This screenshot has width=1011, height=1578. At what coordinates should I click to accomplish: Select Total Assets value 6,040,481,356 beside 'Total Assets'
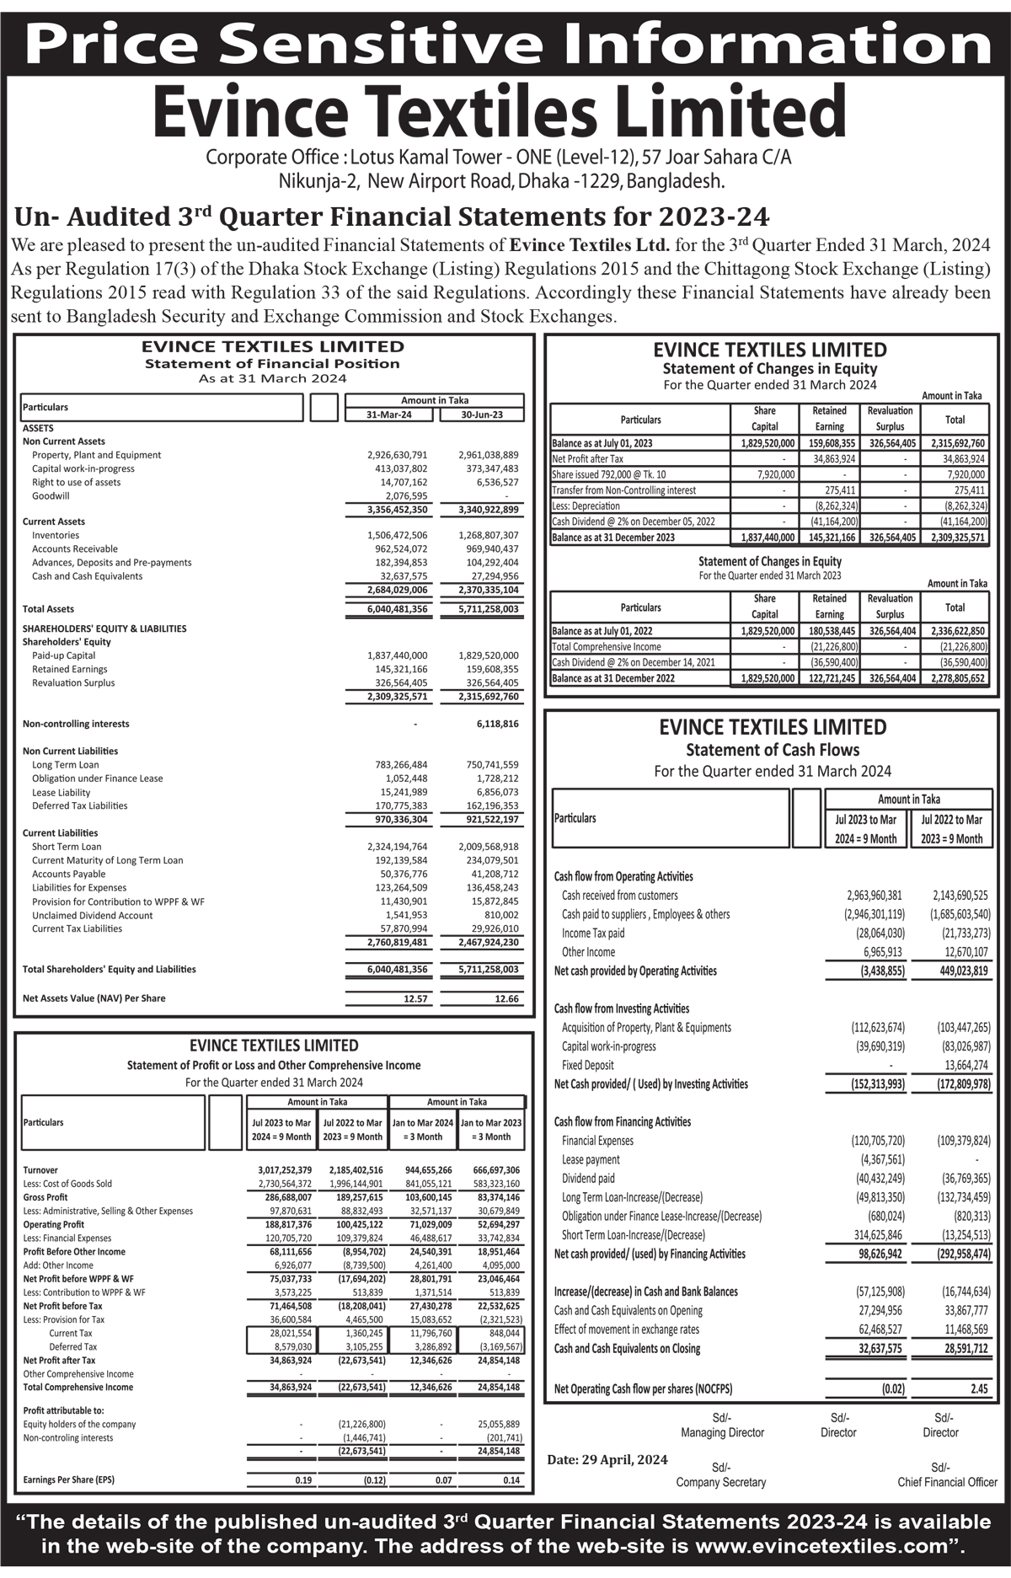pyautogui.click(x=397, y=609)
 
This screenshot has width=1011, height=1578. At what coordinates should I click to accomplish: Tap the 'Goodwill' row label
pyautogui.click(x=51, y=496)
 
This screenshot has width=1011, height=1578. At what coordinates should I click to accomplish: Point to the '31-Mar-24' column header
pyautogui.click(x=388, y=415)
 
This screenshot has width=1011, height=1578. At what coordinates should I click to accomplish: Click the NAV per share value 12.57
pyautogui.click(x=415, y=998)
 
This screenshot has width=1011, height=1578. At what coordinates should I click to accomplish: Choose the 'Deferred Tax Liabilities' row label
pyautogui.click(x=80, y=806)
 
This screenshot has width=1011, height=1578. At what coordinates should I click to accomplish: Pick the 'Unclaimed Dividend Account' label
pyautogui.click(x=93, y=916)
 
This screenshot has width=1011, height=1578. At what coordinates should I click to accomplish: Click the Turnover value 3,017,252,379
pyautogui.click(x=285, y=1170)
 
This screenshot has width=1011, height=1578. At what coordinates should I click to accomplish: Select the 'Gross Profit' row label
pyautogui.click(x=45, y=1197)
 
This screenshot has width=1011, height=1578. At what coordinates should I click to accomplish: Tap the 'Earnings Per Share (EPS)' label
pyautogui.click(x=69, y=1479)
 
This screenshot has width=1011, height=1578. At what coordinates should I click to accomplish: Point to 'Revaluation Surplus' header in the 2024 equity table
pyautogui.click(x=890, y=419)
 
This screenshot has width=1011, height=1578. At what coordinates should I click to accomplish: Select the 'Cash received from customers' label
pyautogui.click(x=619, y=896)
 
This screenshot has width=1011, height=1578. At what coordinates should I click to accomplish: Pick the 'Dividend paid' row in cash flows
pyautogui.click(x=588, y=1179)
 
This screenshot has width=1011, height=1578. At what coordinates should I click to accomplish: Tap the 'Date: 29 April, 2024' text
pyautogui.click(x=607, y=1459)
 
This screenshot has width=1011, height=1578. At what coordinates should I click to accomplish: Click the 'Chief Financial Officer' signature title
pyautogui.click(x=947, y=1482)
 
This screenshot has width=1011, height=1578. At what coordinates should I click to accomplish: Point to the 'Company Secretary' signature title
pyautogui.click(x=720, y=1482)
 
